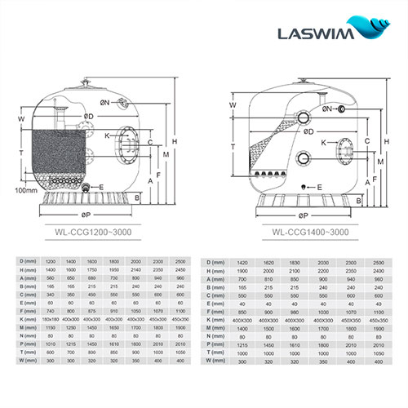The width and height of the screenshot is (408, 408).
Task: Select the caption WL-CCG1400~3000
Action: (x=304, y=231)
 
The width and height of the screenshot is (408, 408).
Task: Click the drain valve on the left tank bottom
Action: (x=84, y=189)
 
